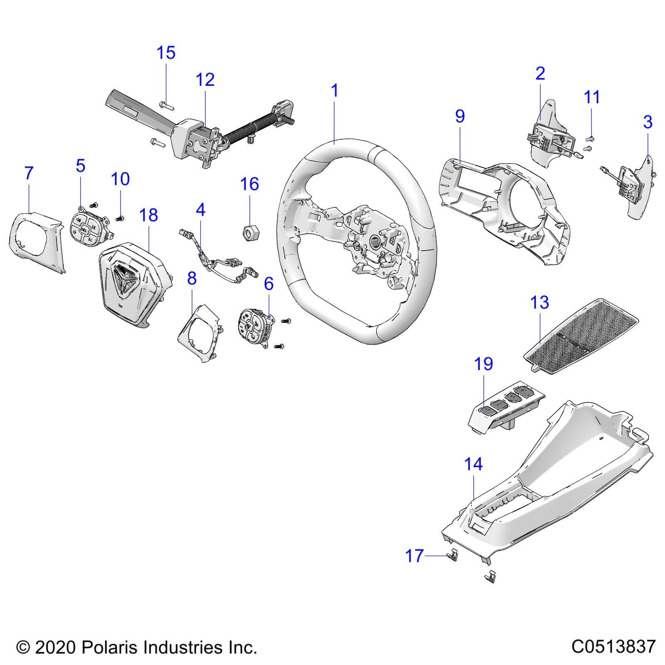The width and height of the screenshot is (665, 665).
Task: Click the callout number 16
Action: click(x=250, y=184)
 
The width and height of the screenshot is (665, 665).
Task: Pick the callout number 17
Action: click(x=414, y=556)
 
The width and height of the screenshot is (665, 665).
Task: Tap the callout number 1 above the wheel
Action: click(x=335, y=91)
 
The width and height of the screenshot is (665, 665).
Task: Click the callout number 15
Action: click(x=166, y=53)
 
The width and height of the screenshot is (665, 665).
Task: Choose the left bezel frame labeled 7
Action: click(x=35, y=241)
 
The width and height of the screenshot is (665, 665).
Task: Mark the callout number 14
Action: click(x=473, y=464)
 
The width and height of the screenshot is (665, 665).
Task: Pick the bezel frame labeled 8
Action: click(x=199, y=332)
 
